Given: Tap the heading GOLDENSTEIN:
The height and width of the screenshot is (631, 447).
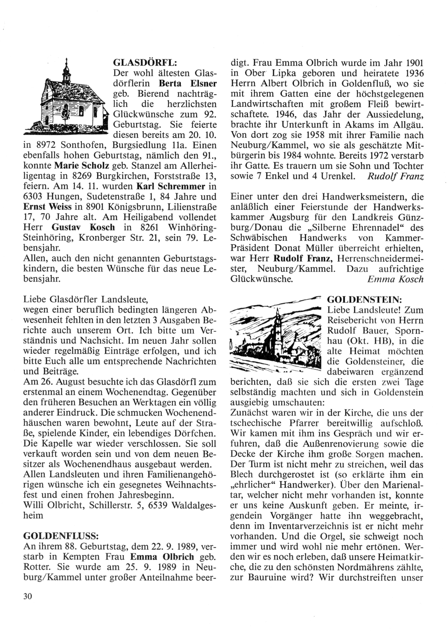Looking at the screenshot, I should tap(364, 299).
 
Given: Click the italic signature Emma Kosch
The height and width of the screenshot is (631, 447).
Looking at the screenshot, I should tap(395, 279).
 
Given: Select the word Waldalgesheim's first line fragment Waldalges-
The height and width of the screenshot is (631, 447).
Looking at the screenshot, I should tap(185, 505).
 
